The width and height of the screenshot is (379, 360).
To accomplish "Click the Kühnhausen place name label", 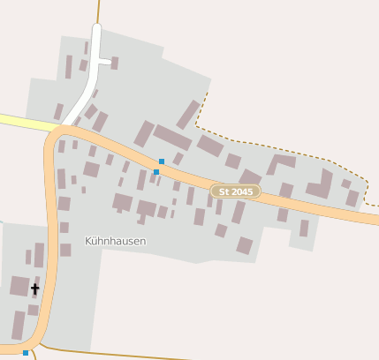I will pyautogui.click(x=115, y=240).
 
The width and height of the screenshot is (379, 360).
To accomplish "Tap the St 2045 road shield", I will pyautogui.click(x=236, y=191).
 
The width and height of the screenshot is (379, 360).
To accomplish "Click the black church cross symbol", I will pyautogui.click(x=35, y=289).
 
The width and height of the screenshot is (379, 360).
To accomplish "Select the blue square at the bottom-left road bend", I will pyautogui.click(x=26, y=353).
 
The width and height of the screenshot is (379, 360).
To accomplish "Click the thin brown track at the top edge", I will pyautogui.click(x=98, y=11).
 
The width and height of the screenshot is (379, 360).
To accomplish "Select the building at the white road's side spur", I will pyautogui.click(x=115, y=63).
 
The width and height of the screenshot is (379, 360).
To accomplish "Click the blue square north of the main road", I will pyautogui.click(x=162, y=161).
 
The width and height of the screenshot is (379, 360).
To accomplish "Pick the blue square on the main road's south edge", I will pyautogui.click(x=156, y=172).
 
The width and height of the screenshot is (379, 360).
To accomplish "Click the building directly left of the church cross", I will pyautogui.click(x=19, y=286).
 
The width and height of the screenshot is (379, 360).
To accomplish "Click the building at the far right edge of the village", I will pyautogui.click(x=352, y=198).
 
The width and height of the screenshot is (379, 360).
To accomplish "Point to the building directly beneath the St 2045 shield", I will pyautogui.click(x=239, y=212).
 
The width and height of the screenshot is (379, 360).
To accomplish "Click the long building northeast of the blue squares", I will pyautogui.click(x=172, y=137).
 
